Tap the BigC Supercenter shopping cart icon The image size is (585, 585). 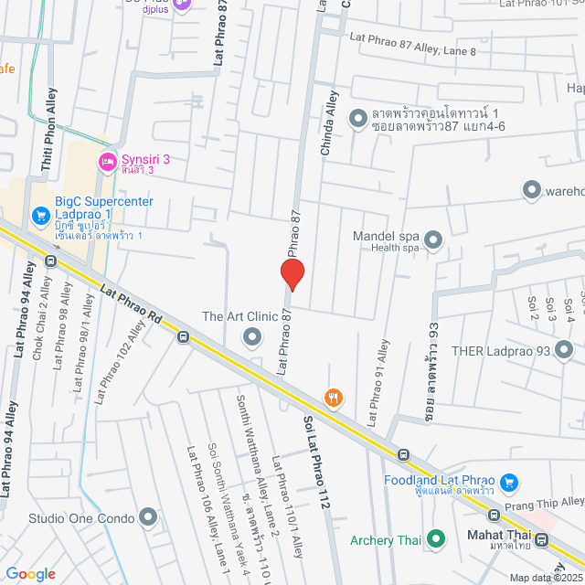[x=40, y=217]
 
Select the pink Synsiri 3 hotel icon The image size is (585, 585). [x=107, y=162]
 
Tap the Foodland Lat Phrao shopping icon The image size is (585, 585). [x=510, y=481]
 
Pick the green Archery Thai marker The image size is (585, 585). [x=436, y=539]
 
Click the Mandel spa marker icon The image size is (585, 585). [x=433, y=240]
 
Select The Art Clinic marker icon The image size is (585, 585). [x=251, y=338]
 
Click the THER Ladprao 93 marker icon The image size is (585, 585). [x=563, y=349]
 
